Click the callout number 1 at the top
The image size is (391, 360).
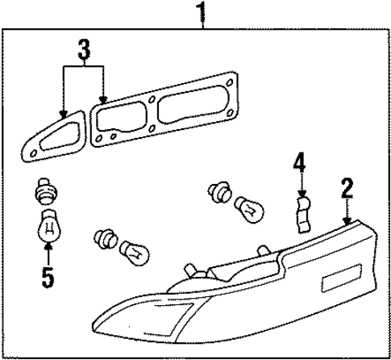pos(202,12)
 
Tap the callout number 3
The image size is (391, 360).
pos(83,51)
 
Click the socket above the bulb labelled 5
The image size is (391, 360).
pos(46,195)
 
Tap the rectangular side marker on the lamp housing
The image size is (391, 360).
pos(335,283)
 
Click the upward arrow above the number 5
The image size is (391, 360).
pos(47,255)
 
